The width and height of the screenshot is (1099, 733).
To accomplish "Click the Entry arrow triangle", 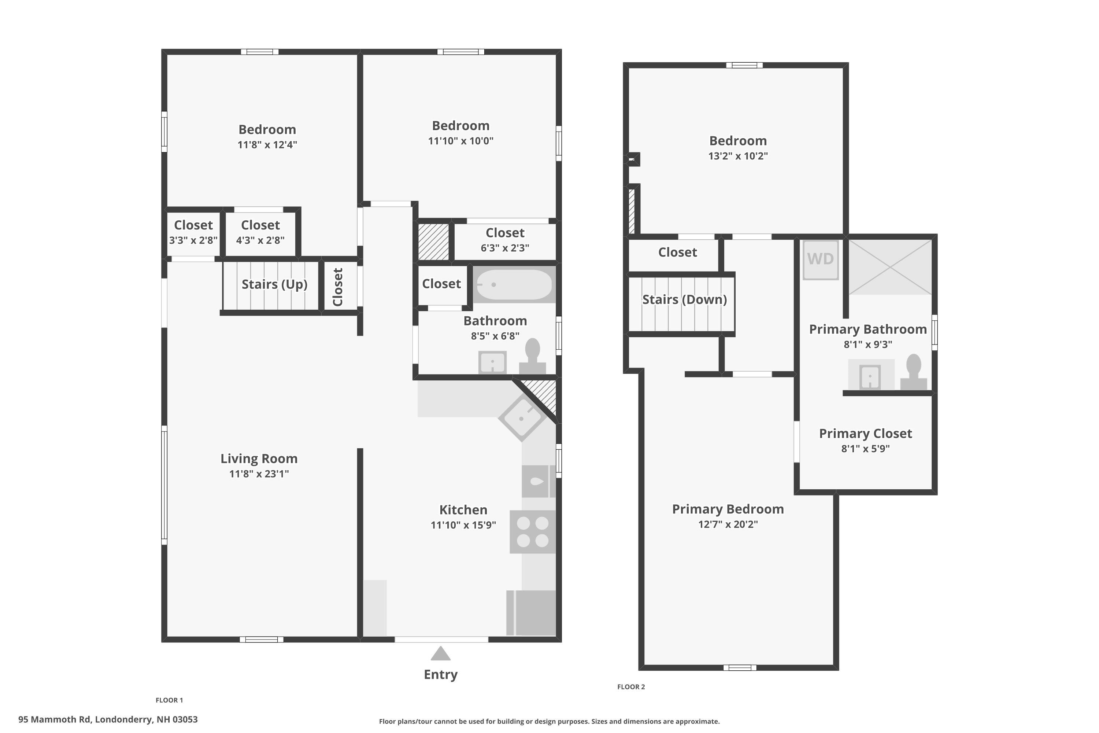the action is [x=440, y=653].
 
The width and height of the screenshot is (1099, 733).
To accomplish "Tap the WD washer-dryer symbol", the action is [x=821, y=259].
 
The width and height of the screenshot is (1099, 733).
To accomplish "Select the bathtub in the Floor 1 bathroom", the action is [x=514, y=284].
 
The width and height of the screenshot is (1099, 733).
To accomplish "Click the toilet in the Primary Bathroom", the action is [x=914, y=372].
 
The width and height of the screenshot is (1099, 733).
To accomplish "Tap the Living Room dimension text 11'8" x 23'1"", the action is [x=259, y=474].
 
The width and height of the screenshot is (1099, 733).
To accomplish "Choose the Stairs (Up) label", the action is [x=274, y=284].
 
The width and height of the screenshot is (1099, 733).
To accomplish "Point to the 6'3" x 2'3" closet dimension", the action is [x=505, y=248].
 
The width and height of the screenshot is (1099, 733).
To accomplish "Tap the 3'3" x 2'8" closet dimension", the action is [x=193, y=240].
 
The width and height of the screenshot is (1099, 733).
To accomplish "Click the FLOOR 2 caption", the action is [x=631, y=687].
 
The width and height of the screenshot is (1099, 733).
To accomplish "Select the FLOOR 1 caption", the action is [x=169, y=700].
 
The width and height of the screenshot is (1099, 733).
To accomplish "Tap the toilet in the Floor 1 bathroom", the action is [x=533, y=356].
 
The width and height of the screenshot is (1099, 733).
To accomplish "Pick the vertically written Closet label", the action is [x=337, y=287].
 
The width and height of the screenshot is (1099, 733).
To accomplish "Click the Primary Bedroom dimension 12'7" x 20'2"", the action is [x=728, y=524].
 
